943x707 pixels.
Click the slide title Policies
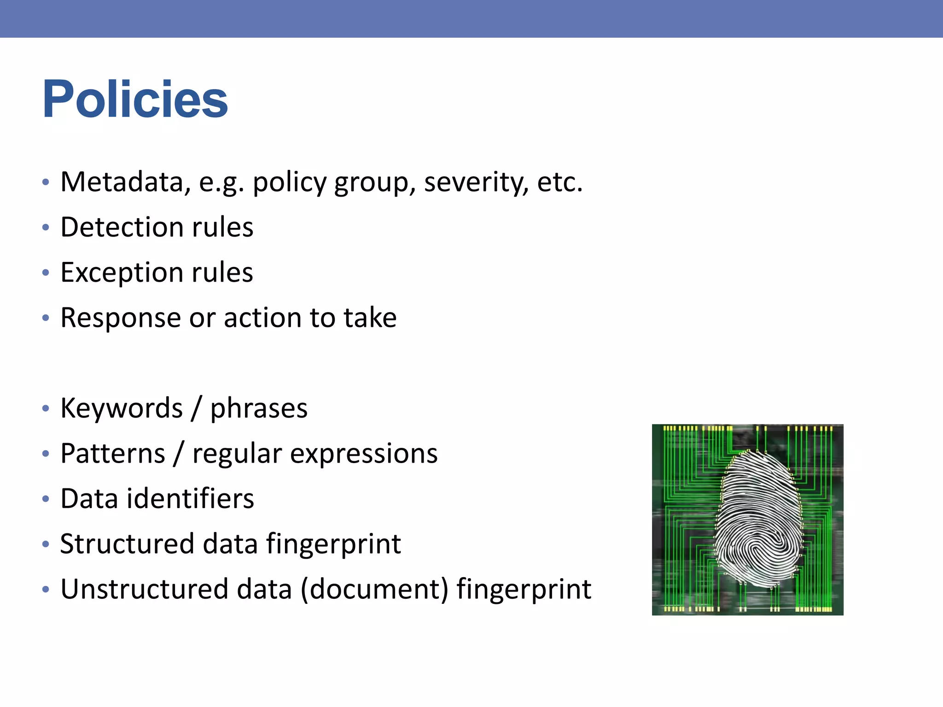click(135, 99)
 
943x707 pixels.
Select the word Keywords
click(122, 408)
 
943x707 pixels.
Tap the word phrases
click(259, 408)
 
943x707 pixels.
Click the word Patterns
click(113, 453)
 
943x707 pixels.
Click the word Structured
click(127, 544)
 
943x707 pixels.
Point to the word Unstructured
click(144, 589)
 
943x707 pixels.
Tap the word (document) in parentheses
click(374, 589)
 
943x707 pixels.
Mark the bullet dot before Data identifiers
click(45, 499)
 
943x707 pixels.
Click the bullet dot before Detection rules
click(45, 227)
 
